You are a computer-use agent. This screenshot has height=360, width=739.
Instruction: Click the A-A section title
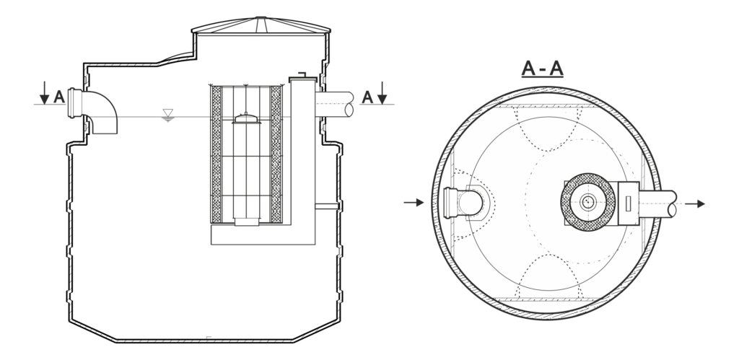pyautogui.click(x=543, y=69)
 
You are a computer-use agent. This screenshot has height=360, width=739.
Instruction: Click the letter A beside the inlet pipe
pyautogui.click(x=59, y=97)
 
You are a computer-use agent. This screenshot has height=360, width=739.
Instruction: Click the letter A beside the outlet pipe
pyautogui.click(x=367, y=97)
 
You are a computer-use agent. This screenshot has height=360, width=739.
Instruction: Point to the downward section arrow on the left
pyautogui.click(x=44, y=93)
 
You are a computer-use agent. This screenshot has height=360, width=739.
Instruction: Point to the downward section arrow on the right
pyautogui.click(x=382, y=93)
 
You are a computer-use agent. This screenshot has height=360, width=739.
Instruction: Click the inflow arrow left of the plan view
pyautogui.click(x=414, y=203)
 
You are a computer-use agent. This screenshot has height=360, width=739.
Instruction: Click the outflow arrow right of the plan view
pyautogui.click(x=695, y=204)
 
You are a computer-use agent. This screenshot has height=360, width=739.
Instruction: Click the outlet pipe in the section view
pyautogui.click(x=335, y=104)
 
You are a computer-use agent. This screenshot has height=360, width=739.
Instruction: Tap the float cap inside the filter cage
pyautogui.click(x=246, y=118)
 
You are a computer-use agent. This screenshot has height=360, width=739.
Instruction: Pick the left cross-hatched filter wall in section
pyautogui.click(x=217, y=154)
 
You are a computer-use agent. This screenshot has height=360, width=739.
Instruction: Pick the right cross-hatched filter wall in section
pyautogui.click(x=276, y=154)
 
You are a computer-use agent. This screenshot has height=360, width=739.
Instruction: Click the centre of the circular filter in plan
pyautogui.click(x=587, y=202)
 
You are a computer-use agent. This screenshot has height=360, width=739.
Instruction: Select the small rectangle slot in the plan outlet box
pyautogui.click(x=628, y=203)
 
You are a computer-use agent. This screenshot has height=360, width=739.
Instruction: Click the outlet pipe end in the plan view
pyautogui.click(x=672, y=204)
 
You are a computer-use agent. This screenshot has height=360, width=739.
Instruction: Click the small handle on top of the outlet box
pyautogui.click(x=302, y=74)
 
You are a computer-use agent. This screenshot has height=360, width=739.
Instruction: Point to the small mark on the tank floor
pyautogui.click(x=209, y=338)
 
